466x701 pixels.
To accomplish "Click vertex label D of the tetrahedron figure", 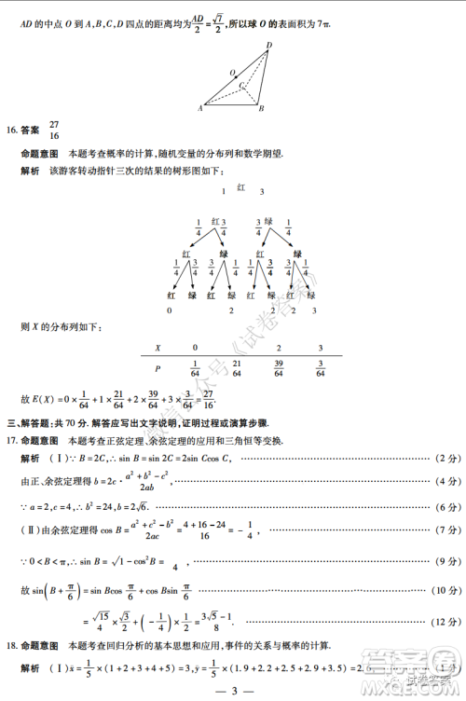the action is click(269, 45).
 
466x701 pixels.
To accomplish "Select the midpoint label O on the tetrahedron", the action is click(232, 72).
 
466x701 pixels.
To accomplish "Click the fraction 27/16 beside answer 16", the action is click(54, 130).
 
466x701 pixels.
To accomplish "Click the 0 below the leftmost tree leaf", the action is click(170, 310).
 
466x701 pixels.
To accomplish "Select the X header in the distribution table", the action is click(157, 346).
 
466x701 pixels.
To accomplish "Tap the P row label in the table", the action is click(157, 367).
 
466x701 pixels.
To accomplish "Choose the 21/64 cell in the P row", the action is click(237, 367).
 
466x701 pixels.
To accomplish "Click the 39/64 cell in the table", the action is click(279, 367).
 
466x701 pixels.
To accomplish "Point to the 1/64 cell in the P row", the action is click(195, 367).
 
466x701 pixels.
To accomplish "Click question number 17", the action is click(12, 440).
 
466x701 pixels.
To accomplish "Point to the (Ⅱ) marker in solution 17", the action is click(31, 529).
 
